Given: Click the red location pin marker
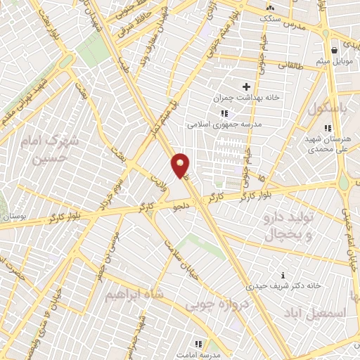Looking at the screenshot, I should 181,166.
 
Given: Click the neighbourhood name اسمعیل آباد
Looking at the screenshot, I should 317,308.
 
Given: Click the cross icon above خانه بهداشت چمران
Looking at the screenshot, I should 246,86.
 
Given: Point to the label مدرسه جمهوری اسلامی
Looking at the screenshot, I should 224,122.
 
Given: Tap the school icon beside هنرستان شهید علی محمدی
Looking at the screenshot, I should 327,127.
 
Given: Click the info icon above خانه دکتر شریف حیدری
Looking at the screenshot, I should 283,275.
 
